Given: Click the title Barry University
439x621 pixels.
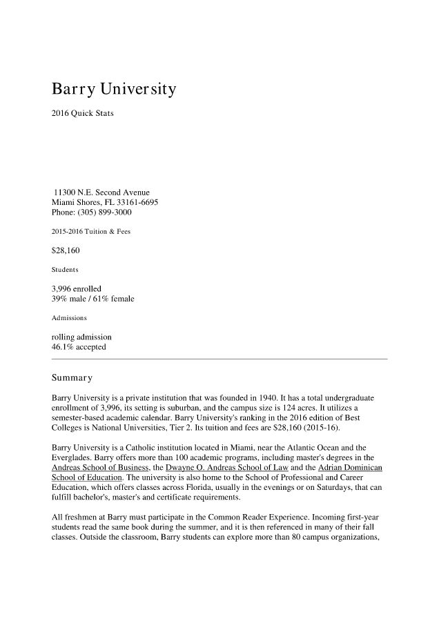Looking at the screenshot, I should tap(114, 90).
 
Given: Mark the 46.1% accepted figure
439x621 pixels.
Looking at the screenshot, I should tap(79, 347).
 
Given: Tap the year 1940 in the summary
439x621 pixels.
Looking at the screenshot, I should tap(291, 399).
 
